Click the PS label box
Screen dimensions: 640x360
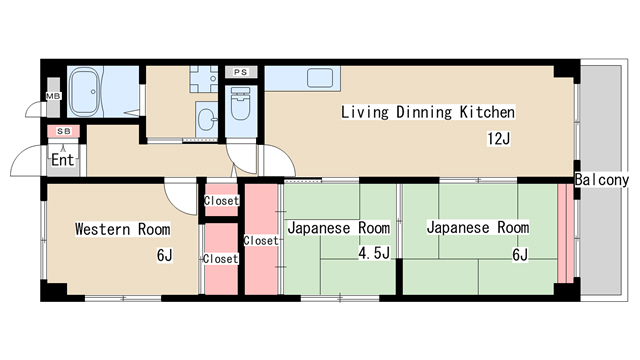tap(241, 72)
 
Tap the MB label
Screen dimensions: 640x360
tap(53, 96)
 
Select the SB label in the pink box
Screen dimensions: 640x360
tap(64, 131)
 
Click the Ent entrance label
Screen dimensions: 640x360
tap(63, 160)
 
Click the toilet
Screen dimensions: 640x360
tap(240, 103)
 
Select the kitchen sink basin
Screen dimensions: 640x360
tap(320, 78)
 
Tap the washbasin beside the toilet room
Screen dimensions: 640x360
tap(207, 119)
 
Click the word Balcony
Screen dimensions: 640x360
tap(602, 180)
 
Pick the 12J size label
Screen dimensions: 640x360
tap(498, 139)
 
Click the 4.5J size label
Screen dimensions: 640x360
tap(374, 253)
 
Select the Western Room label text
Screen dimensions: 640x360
tap(122, 229)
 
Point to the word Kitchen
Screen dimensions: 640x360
tap(487, 112)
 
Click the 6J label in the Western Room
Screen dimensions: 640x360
tap(164, 256)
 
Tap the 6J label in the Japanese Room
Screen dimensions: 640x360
tap(520, 255)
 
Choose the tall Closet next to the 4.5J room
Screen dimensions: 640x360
tap(261, 240)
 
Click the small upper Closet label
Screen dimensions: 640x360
tap(221, 201)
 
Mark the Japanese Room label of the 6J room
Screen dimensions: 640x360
tap(478, 227)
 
